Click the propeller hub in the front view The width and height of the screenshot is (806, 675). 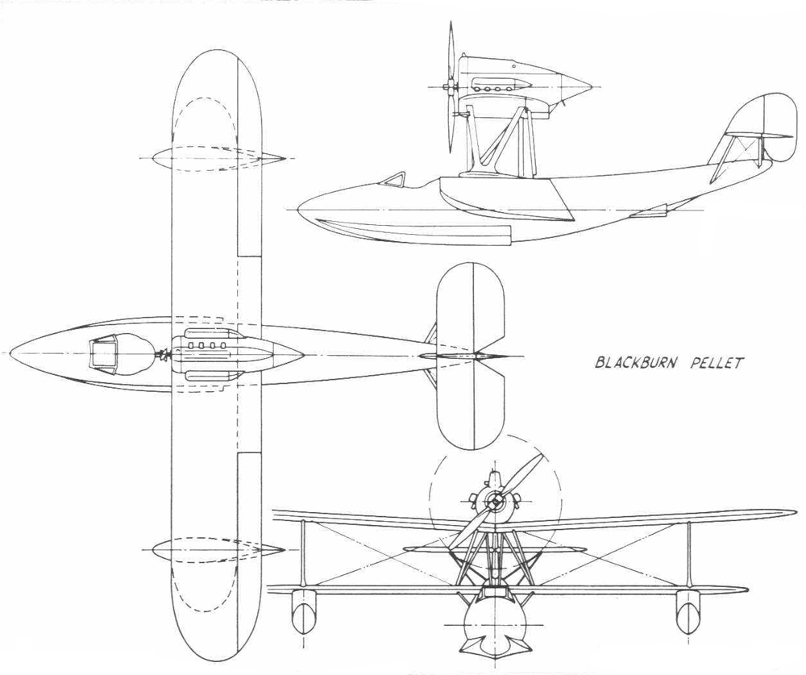495,500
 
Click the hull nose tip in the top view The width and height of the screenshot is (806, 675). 10,353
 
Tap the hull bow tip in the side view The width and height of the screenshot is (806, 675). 299,210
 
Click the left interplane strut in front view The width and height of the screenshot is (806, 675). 304,553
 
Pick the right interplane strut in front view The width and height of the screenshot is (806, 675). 688,553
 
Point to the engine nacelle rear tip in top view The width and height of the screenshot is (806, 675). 303,355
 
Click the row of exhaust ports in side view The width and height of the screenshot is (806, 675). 496,89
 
